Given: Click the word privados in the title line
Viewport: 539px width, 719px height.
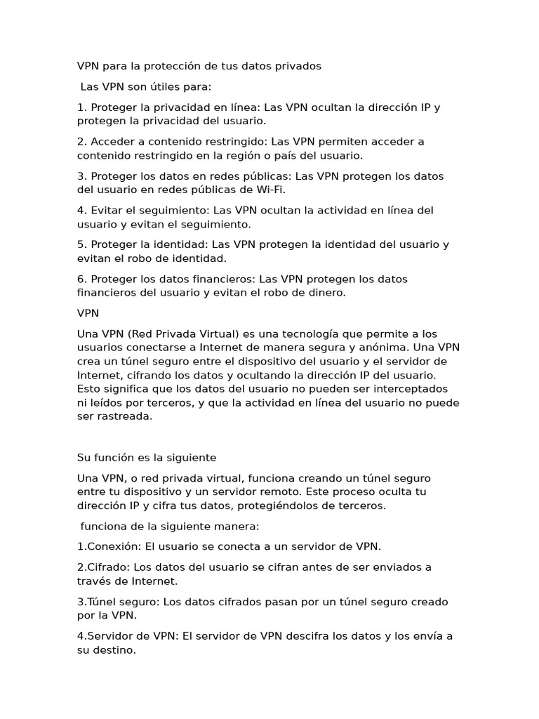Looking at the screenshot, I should [x=298, y=66].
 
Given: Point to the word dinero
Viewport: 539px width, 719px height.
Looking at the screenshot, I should [x=326, y=293].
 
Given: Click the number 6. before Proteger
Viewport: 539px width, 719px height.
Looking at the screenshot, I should [x=82, y=279].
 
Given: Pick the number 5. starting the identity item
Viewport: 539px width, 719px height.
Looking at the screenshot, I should [x=82, y=244].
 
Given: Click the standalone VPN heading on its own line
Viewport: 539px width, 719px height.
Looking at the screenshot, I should [x=88, y=313].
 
